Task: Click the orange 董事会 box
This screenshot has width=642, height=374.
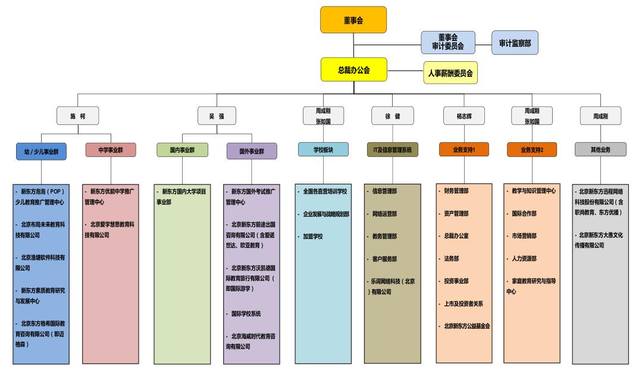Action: click(x=353, y=20)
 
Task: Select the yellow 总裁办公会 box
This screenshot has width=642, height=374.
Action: click(x=354, y=70)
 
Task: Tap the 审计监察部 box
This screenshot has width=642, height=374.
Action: click(x=515, y=43)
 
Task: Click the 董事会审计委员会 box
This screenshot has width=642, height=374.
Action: click(x=448, y=42)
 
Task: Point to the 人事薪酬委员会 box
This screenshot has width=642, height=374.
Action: click(x=450, y=73)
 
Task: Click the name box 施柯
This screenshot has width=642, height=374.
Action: click(x=78, y=116)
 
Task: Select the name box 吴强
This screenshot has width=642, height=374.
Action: click(x=217, y=116)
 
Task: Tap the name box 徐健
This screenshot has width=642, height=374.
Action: click(x=393, y=116)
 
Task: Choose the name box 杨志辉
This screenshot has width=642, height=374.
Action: click(x=464, y=116)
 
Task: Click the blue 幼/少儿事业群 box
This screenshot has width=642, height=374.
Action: click(x=42, y=152)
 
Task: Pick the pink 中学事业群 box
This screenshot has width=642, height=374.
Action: click(x=111, y=150)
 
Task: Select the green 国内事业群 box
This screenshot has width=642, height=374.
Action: click(x=182, y=150)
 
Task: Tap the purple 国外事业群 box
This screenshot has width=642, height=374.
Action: click(x=252, y=151)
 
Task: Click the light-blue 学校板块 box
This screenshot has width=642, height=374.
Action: click(x=323, y=149)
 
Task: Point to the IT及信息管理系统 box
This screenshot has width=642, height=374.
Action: click(x=393, y=149)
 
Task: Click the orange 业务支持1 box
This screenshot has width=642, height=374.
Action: click(x=464, y=149)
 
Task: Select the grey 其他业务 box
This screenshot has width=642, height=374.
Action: click(x=600, y=149)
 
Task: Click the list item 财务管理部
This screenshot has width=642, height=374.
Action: click(x=456, y=191)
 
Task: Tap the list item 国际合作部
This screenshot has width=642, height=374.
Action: click(x=524, y=213)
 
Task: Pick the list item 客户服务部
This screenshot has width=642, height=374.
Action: click(x=384, y=259)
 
